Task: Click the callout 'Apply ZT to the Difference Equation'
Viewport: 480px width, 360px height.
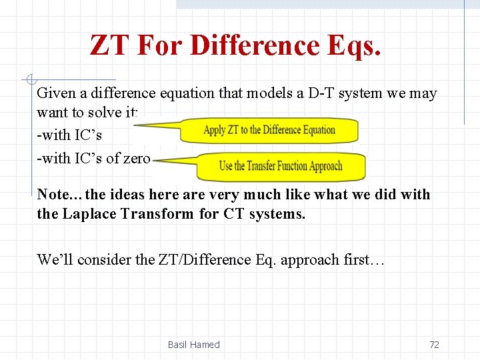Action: (270, 130)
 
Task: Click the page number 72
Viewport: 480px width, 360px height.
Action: (434, 345)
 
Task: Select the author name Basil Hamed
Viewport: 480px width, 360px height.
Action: (193, 345)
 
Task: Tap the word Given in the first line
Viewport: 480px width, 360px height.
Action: (55, 93)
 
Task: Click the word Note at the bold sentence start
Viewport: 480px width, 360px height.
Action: (53, 195)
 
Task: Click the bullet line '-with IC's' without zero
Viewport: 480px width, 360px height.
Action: (69, 135)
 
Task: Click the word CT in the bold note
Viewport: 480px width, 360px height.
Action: (234, 215)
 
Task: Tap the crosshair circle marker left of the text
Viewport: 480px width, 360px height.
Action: (29, 80)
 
